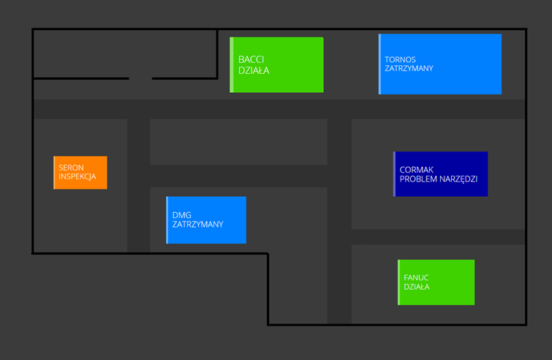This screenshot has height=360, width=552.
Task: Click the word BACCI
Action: tap(251, 59)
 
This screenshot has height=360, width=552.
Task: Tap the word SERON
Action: tap(71, 168)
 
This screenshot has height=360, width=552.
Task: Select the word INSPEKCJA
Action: tap(77, 177)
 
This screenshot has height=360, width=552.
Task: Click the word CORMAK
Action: tap(417, 170)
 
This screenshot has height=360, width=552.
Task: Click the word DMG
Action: tap(181, 215)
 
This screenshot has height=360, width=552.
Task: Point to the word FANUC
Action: tap(416, 278)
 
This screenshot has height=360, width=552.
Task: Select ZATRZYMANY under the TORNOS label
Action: tap(409, 68)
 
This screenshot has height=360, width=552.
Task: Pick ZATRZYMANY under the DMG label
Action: tap(197, 225)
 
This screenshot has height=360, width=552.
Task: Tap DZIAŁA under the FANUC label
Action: tap(417, 287)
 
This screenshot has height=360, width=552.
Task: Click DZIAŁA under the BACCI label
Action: tap(254, 71)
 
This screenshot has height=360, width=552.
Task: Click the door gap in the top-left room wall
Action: tap(140, 78)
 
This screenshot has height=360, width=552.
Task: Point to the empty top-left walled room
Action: tap(124, 53)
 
